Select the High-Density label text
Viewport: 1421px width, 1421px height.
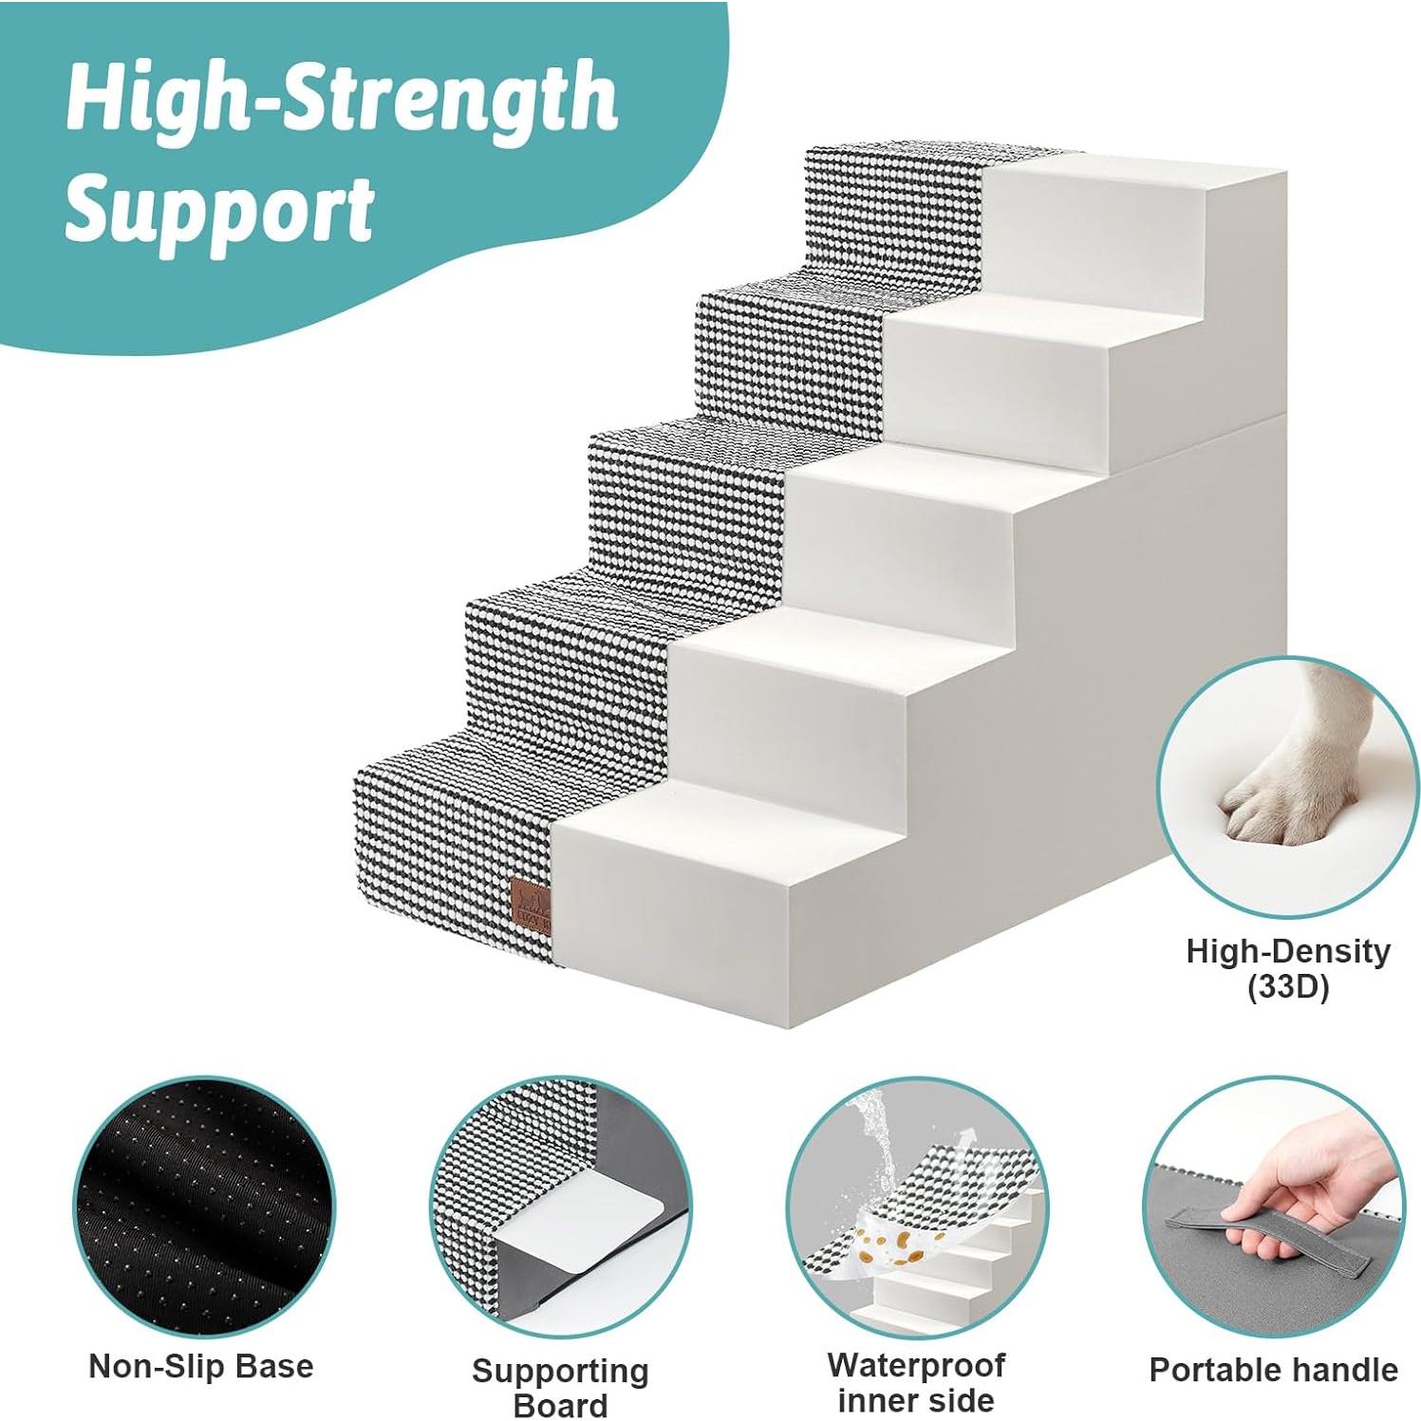(1287, 951)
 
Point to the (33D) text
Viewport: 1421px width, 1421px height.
(1287, 987)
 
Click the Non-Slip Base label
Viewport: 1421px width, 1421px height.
(200, 1366)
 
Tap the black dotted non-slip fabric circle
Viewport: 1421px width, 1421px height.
(203, 1206)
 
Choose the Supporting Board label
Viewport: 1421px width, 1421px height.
(560, 1387)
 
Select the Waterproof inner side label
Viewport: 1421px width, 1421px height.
(916, 1382)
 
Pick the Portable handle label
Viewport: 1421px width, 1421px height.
(1273, 1369)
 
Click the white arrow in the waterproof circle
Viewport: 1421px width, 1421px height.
(966, 1136)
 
